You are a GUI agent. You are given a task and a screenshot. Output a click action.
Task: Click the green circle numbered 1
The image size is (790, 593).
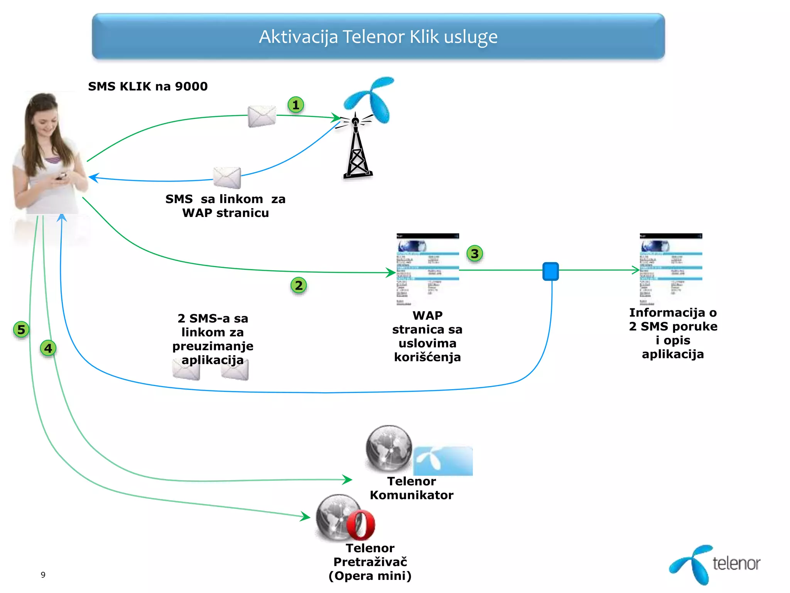pos(296,105)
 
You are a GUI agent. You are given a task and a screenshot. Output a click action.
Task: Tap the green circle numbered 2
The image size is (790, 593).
pos(299,286)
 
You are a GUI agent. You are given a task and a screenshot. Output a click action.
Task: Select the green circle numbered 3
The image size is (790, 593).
pos(475,254)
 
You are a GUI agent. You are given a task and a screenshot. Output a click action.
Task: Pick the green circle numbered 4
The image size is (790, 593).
pos(48,348)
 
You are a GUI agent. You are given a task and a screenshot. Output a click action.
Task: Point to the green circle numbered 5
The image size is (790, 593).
pos(21,330)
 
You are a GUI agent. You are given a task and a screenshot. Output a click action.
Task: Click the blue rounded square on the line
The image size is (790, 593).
pos(550,271)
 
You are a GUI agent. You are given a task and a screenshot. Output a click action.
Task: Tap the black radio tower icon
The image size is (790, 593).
pos(358,151)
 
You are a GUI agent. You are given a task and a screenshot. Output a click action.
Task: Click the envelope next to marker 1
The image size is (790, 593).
pos(262,116)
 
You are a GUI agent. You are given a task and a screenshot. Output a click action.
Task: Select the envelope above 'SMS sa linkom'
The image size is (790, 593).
pos(227,178)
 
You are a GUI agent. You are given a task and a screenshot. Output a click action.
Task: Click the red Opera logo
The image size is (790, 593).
pos(361,525)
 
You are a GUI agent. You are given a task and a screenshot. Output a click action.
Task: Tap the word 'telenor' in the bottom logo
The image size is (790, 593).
pos(736,564)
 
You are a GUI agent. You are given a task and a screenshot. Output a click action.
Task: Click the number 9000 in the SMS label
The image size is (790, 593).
pos(191,86)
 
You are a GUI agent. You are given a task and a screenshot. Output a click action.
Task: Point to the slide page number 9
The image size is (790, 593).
pos(43,575)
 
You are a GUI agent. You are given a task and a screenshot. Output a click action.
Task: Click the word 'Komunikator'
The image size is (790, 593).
pos(412,495)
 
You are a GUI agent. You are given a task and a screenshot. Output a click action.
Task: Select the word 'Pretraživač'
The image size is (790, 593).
pos(370,562)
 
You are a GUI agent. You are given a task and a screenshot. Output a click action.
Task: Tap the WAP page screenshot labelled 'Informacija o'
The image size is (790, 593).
pos(671,269)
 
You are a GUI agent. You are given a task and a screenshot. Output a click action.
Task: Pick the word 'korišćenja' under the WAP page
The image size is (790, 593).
pos(427,357)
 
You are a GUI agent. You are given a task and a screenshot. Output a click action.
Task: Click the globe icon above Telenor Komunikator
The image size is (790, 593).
pos(389,449)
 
